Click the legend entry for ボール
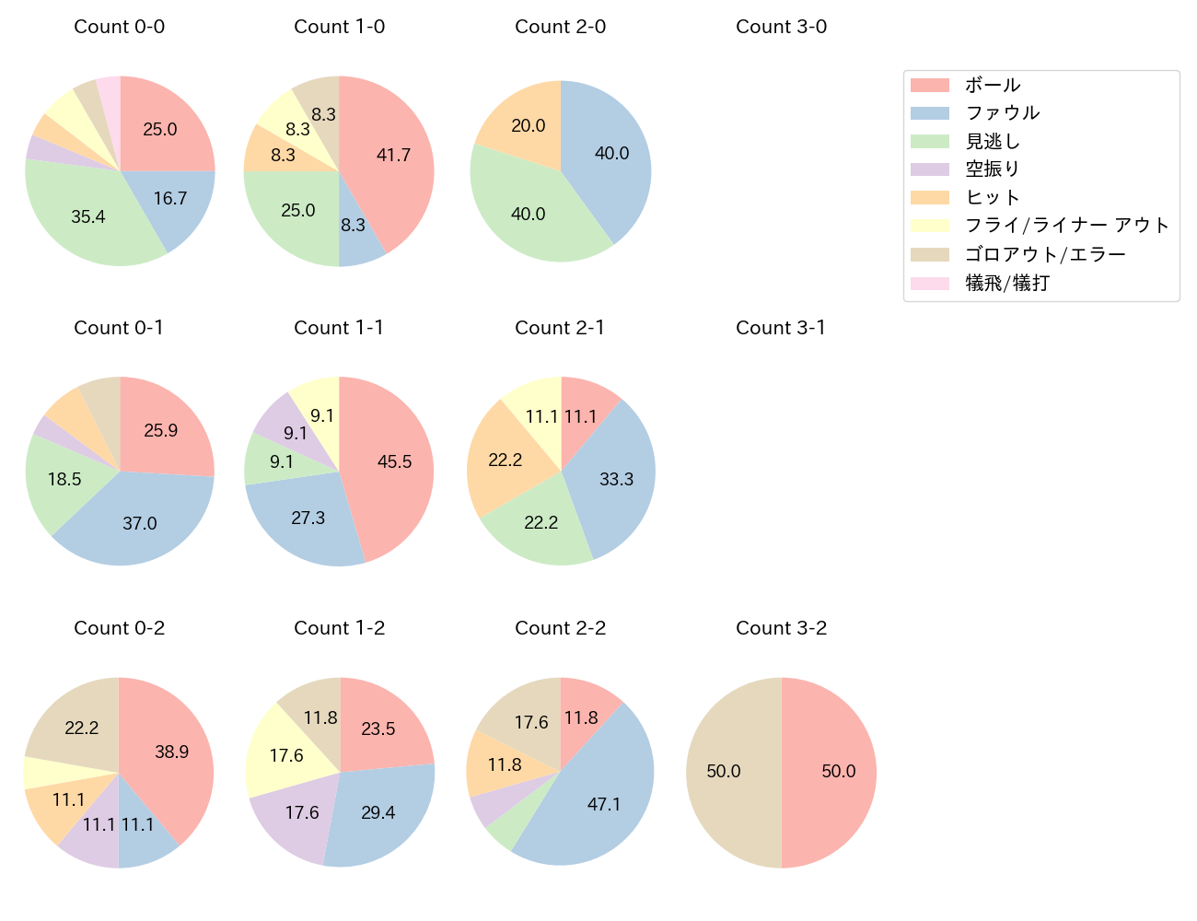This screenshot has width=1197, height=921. (992, 85)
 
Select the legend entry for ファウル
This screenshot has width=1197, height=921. (1002, 113)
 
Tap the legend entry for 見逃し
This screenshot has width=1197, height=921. (992, 141)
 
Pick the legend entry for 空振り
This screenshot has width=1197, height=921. (992, 169)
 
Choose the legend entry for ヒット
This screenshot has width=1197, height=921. (992, 197)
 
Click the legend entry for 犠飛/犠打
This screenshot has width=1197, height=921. (1006, 283)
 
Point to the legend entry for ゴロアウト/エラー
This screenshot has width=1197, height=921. (1044, 254)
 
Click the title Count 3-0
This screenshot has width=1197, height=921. (781, 27)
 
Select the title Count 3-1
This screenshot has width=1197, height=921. (781, 328)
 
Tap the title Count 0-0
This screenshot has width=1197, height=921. (120, 27)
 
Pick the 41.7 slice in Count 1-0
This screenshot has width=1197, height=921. (394, 155)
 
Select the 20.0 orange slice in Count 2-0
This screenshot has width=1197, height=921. (528, 125)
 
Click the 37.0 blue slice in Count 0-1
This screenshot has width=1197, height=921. (140, 524)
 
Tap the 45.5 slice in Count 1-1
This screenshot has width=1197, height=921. (395, 461)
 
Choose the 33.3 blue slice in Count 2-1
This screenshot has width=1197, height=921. (617, 479)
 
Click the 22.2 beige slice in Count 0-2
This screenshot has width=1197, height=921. (81, 728)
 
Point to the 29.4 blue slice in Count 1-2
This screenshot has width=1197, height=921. (378, 812)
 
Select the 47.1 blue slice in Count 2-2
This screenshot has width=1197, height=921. (604, 804)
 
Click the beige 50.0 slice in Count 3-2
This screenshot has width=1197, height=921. (723, 772)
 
